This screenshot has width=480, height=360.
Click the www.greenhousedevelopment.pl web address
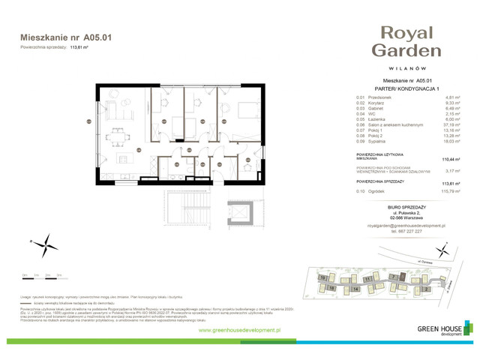point(239,330)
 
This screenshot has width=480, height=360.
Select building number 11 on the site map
point(367,278)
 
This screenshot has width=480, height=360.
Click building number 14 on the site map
point(355,288)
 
